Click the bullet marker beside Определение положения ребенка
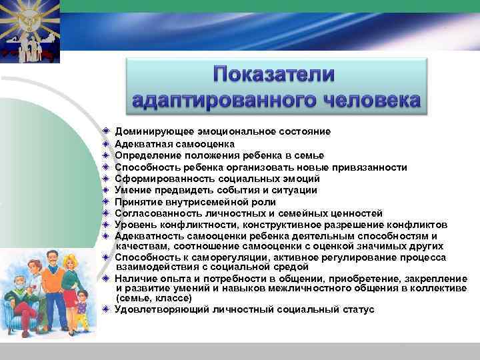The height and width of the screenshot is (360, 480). click(x=106, y=155)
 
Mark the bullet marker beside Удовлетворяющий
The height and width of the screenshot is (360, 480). click(x=106, y=309)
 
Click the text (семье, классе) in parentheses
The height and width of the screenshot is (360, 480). click(x=153, y=299)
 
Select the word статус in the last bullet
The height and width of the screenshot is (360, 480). click(x=359, y=309)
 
